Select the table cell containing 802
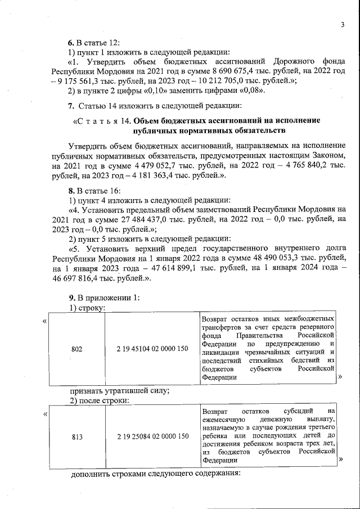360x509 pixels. tap(76, 349)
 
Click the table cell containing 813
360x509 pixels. tap(76, 436)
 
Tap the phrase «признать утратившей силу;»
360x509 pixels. tap(120, 391)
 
